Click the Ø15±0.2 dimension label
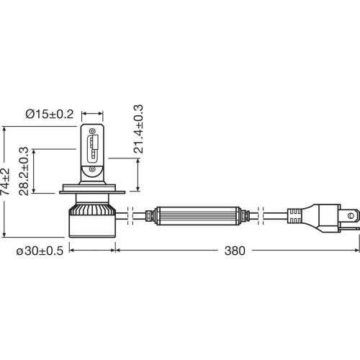(x=50, y=113)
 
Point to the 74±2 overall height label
(x=6, y=182)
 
